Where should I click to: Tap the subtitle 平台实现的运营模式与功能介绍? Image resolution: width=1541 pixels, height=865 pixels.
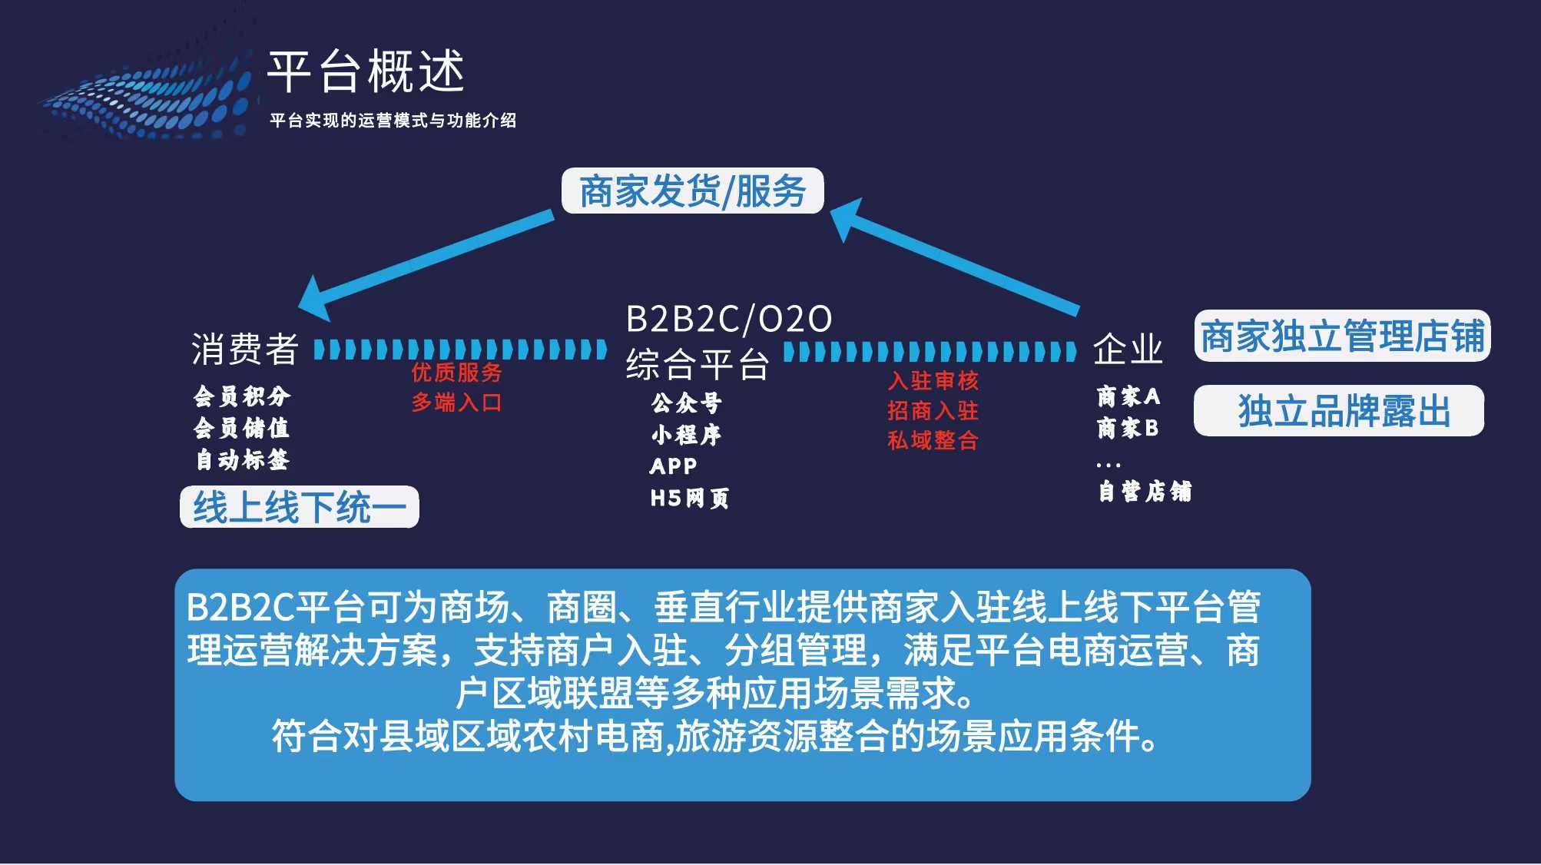393,121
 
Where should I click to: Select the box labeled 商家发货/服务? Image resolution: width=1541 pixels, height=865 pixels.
692,191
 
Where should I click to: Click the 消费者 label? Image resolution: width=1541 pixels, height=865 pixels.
245,350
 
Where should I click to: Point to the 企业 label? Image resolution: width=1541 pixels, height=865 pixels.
1128,350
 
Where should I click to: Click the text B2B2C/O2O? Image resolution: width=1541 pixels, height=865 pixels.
728,319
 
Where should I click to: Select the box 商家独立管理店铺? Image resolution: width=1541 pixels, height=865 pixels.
1342,336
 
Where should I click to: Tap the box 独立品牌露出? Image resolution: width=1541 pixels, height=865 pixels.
1339,410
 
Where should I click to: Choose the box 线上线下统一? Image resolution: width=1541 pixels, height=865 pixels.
300,507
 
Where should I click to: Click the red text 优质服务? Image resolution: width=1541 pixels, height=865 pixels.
456,373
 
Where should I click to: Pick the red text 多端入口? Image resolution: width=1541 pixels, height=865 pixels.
456,402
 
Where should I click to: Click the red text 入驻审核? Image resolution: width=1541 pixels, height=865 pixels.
933,380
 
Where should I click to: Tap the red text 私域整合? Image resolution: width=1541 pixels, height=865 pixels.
933,440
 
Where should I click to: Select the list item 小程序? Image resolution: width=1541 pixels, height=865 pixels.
686,435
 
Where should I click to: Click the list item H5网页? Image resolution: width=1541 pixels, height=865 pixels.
689,499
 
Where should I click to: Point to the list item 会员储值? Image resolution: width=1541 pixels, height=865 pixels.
241,428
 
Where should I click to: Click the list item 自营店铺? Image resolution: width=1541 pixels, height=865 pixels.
1145,492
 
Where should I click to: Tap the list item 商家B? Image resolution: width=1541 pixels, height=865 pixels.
1128,428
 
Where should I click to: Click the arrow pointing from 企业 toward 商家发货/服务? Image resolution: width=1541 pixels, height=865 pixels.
954,256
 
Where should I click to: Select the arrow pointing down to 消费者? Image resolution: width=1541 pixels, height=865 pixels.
426,266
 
